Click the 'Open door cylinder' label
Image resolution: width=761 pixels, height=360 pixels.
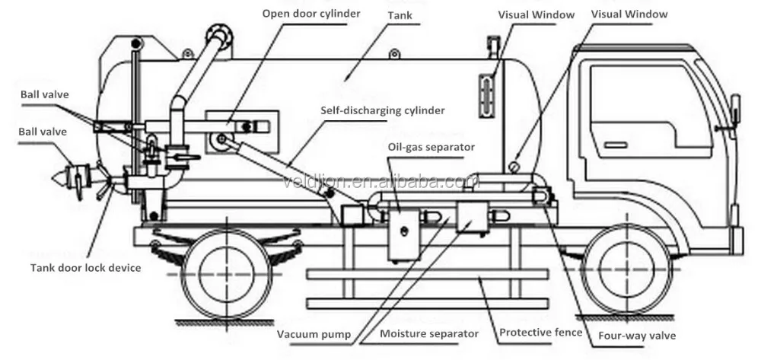tap(311, 14)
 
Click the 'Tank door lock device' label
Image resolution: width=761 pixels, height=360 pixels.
tap(85, 267)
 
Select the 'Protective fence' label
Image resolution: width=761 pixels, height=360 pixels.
tap(541, 333)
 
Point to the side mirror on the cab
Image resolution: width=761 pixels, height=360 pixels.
tap(734, 110)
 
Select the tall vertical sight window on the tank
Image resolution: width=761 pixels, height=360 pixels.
tap(484, 95)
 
